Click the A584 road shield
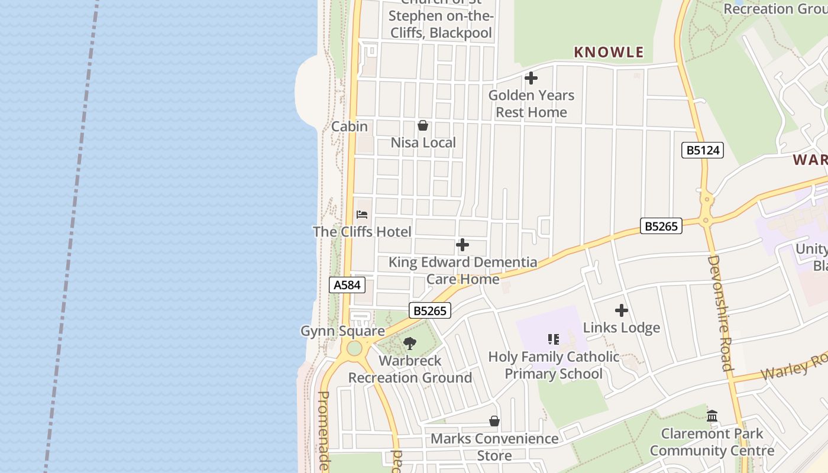[x=347, y=285]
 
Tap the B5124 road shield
[x=703, y=150]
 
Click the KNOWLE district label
[x=609, y=52]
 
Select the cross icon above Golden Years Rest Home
[x=531, y=77]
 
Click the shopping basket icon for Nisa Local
[x=423, y=125]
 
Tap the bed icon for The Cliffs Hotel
[x=362, y=214]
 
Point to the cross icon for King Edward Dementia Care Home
[x=462, y=245]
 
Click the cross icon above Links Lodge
[x=622, y=310]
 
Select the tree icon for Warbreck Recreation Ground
[x=409, y=343]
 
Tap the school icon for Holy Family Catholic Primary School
[x=554, y=339]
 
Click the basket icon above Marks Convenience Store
[x=494, y=421]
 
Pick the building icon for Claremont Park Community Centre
[x=712, y=416]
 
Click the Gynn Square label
[x=342, y=331]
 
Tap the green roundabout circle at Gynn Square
[x=354, y=348]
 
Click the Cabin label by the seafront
[x=349, y=127]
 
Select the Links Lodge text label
[x=622, y=328]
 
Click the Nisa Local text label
[x=423, y=142]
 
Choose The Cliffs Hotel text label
[x=362, y=232]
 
